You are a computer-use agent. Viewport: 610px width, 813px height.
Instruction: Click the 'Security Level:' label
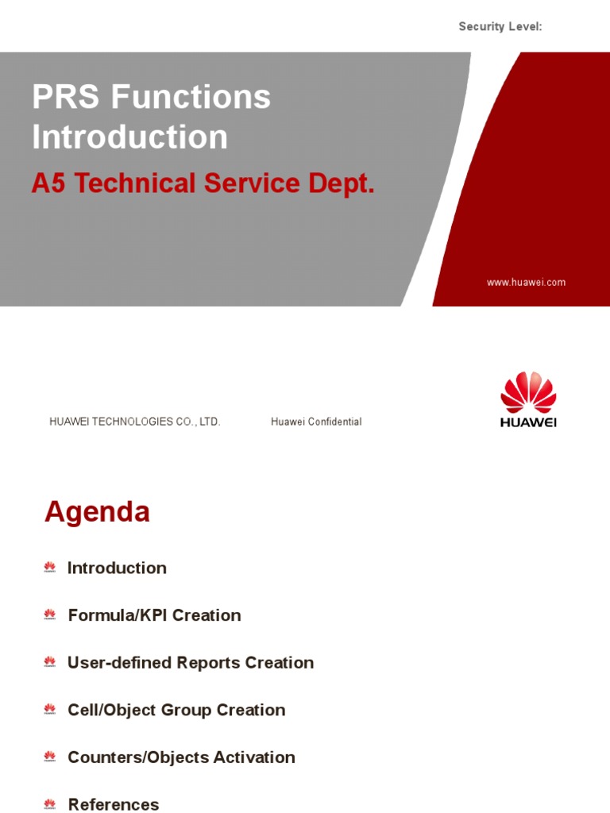[500, 27]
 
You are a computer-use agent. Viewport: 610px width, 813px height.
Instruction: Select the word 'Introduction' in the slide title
[129, 137]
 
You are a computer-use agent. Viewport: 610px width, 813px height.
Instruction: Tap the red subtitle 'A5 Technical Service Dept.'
[203, 183]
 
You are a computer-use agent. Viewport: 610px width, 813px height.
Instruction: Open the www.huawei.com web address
[526, 283]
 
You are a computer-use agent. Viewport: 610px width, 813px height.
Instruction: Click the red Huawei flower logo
[528, 392]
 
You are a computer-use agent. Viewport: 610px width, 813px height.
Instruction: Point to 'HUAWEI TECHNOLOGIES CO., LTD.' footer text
[134, 422]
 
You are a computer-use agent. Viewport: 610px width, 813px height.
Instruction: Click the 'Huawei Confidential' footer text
[316, 422]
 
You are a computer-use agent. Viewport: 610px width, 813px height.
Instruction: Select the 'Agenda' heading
[97, 512]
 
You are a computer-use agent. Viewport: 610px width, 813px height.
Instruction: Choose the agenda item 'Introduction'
[117, 568]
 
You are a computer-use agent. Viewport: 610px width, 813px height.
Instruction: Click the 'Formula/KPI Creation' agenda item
[154, 615]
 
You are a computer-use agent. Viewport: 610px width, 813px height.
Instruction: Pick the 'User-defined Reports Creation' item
[191, 662]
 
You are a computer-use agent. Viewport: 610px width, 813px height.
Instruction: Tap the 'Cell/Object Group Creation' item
[176, 710]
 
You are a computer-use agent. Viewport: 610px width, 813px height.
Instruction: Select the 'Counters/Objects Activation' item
[181, 757]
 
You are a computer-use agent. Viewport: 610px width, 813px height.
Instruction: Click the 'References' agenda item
[114, 804]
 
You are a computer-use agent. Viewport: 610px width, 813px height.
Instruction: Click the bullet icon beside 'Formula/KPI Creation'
[50, 615]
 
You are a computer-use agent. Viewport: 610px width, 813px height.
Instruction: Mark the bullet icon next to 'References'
[50, 804]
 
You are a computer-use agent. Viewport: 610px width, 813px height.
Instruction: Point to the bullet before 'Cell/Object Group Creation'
[50, 710]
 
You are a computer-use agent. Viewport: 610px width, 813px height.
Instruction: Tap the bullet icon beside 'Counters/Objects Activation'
[50, 757]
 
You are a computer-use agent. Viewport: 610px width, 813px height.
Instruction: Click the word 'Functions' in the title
[191, 98]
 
